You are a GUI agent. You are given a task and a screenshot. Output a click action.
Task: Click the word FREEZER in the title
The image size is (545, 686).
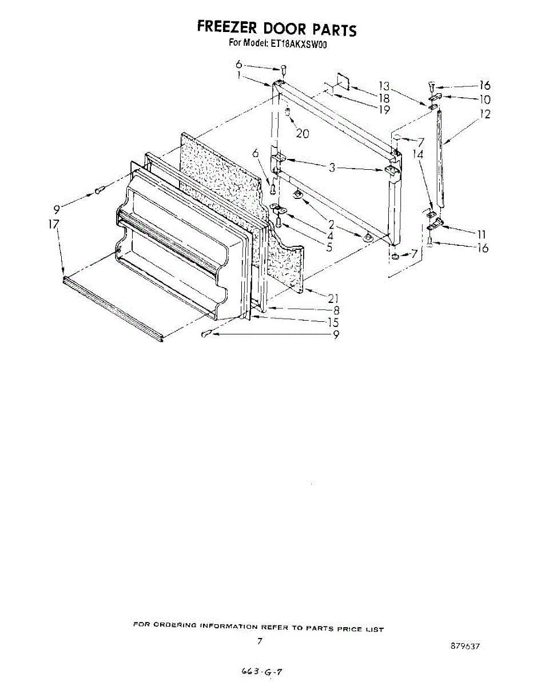click(x=226, y=27)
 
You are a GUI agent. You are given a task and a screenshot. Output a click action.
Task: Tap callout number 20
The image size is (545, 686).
click(x=302, y=133)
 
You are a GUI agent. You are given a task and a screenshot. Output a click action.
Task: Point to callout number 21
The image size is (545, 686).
click(x=333, y=297)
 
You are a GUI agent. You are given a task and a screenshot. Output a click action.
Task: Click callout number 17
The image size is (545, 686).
click(x=54, y=225)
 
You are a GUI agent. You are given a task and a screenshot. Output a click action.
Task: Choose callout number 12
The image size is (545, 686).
click(x=485, y=114)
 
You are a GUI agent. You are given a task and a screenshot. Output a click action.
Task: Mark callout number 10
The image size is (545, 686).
click(x=485, y=99)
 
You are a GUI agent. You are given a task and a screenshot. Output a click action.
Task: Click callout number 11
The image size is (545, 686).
click(x=482, y=234)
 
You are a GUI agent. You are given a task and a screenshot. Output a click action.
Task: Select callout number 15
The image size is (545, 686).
click(x=333, y=322)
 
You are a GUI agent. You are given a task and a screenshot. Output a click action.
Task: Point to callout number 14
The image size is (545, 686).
click(x=418, y=154)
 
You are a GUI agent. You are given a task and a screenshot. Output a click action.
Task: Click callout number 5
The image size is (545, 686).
click(x=331, y=246)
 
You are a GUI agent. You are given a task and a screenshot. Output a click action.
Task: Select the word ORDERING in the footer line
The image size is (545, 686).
click(x=171, y=625)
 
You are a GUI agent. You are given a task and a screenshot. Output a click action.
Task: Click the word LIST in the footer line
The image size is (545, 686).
click(x=374, y=629)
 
